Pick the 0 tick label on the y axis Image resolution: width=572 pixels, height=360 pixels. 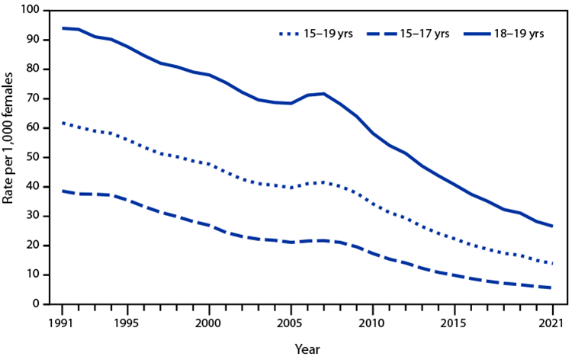(x=37, y=304)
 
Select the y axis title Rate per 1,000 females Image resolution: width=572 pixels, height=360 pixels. (x=11, y=156)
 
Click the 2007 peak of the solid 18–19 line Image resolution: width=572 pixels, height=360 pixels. (x=323, y=94)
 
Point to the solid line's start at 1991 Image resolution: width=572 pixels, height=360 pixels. (x=63, y=28)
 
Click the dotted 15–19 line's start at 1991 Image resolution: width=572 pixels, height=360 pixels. (x=63, y=123)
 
